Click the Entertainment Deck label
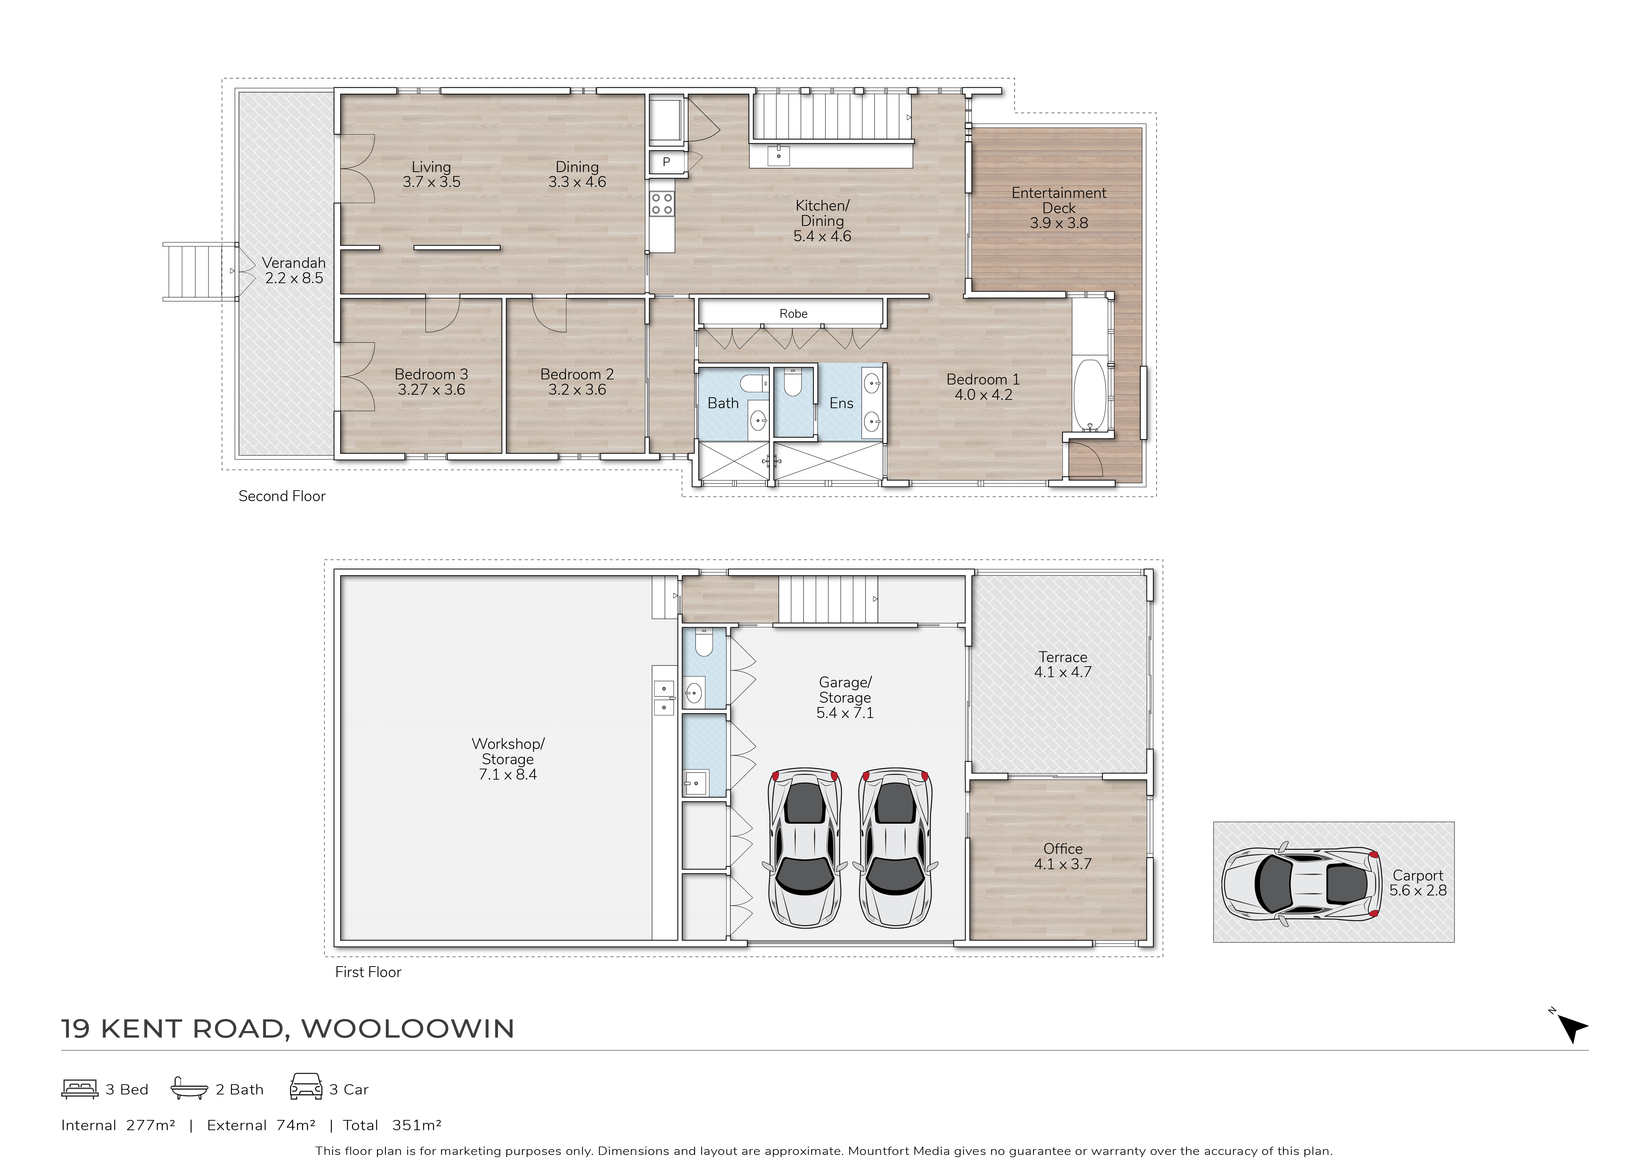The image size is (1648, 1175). (x=1059, y=200)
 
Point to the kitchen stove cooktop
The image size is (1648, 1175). (x=662, y=203)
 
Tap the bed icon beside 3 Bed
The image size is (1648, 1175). (x=79, y=1089)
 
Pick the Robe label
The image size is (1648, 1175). (x=793, y=313)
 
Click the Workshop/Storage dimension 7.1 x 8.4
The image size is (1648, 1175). (x=508, y=774)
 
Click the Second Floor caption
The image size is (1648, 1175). (x=282, y=496)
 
